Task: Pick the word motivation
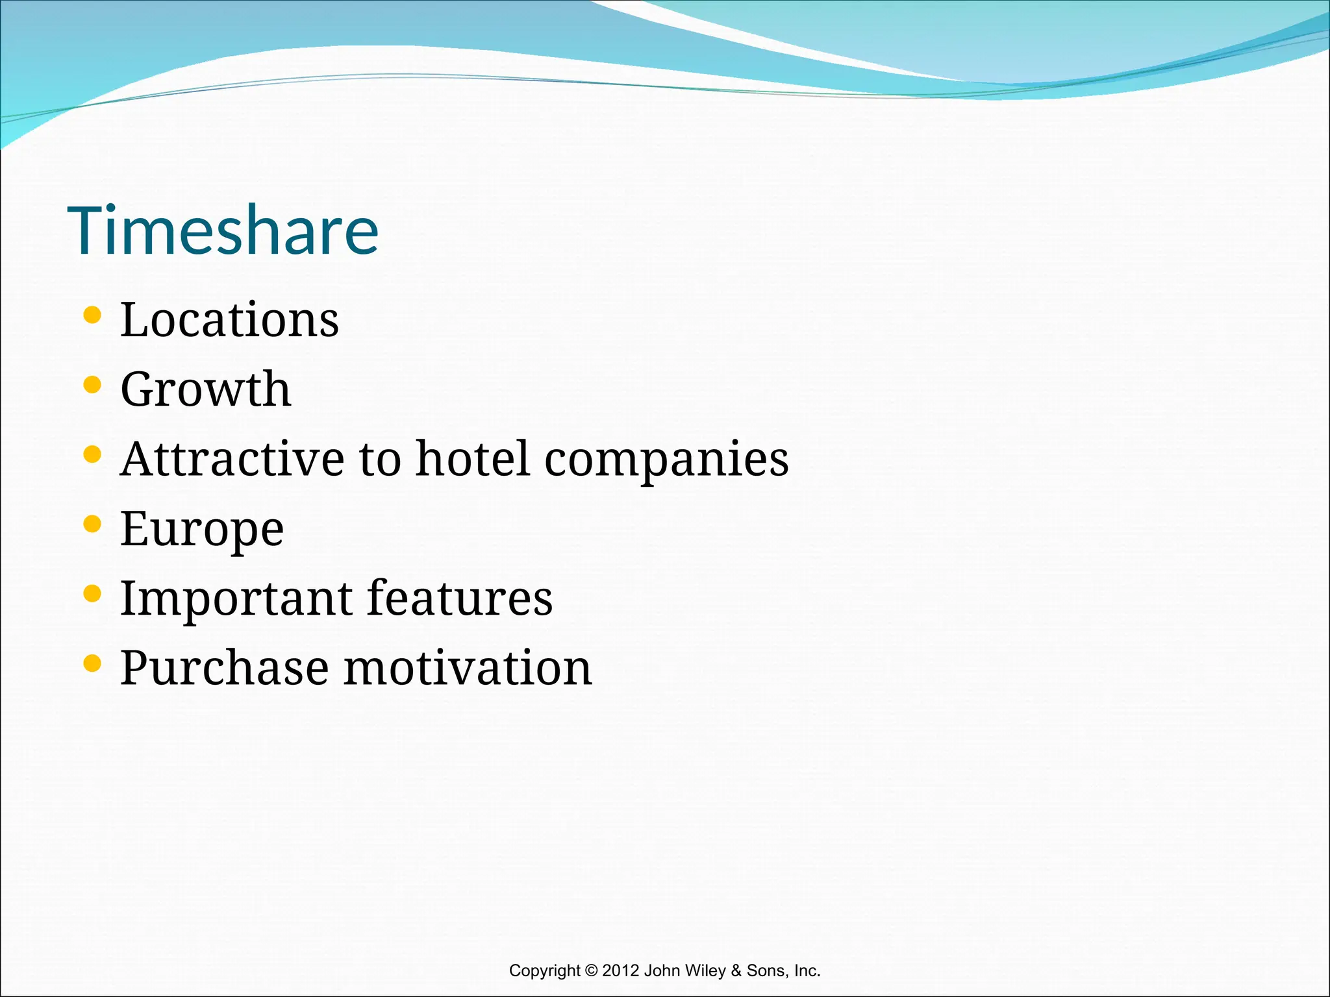click(x=468, y=668)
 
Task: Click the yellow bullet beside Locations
click(x=92, y=315)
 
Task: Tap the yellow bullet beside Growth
click(x=92, y=385)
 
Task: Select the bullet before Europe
click(x=92, y=524)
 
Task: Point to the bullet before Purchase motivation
click(x=92, y=663)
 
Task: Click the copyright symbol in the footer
click(x=590, y=970)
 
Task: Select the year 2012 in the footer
click(x=621, y=970)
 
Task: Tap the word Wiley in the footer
click(x=704, y=971)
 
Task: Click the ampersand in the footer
click(x=736, y=970)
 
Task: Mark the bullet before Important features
click(x=92, y=593)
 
